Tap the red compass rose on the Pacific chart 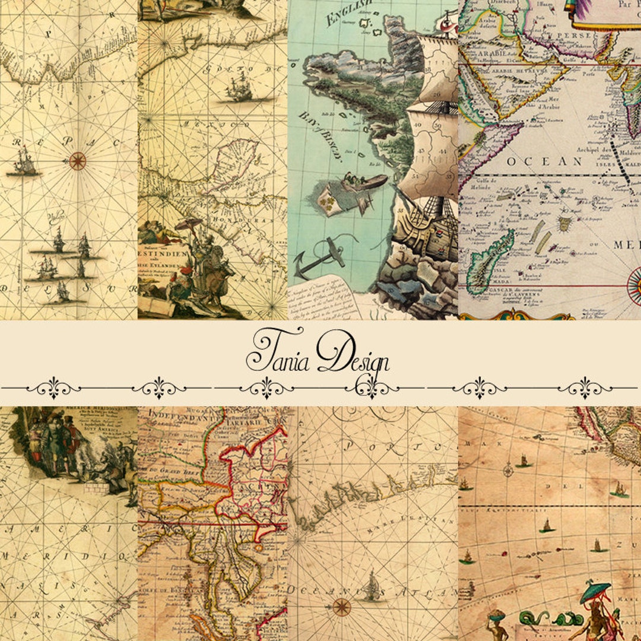click(x=77, y=160)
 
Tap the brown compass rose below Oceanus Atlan click(x=341, y=606)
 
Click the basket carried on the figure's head click(x=497, y=615)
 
